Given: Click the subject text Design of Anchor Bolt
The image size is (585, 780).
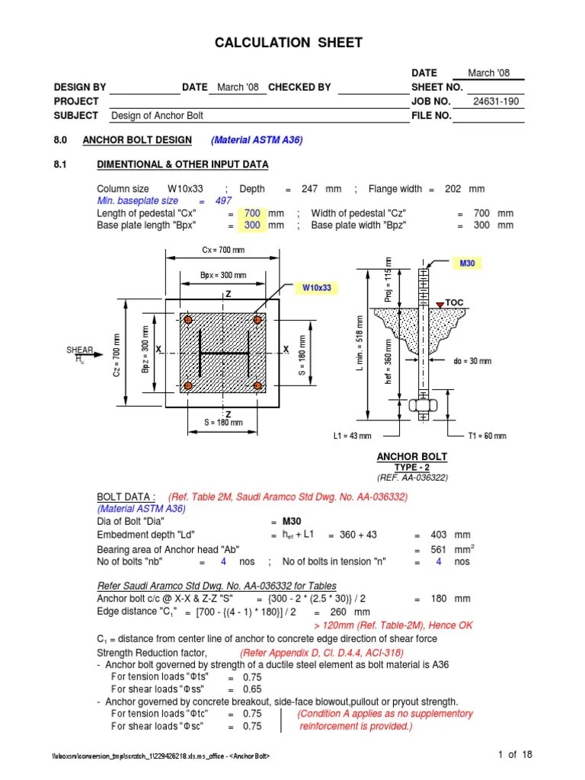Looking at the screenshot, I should pyautogui.click(x=158, y=116).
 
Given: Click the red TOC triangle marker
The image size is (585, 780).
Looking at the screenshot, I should pyautogui.click(x=440, y=304).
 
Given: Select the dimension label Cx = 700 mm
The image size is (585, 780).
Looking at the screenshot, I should pyautogui.click(x=222, y=251).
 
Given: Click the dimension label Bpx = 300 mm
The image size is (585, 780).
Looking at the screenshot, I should pyautogui.click(x=223, y=275).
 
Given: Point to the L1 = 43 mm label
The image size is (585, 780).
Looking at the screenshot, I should pyautogui.click(x=353, y=436).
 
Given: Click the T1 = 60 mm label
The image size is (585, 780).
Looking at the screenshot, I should pyautogui.click(x=486, y=436).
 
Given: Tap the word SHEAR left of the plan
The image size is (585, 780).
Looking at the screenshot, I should pyautogui.click(x=79, y=350).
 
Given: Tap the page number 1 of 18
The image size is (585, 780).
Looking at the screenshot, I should pyautogui.click(x=515, y=754).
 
